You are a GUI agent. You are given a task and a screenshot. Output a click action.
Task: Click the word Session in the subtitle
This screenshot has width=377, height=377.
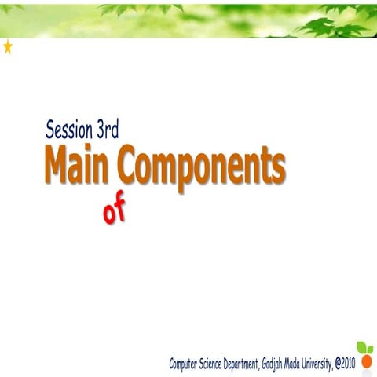(x=69, y=130)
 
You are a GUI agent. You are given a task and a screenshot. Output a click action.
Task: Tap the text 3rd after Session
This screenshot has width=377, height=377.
(x=108, y=130)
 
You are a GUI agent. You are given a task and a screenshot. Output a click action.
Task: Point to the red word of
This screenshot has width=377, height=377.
(x=114, y=211)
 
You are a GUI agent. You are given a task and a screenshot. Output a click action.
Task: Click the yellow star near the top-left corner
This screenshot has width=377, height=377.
(x=8, y=47)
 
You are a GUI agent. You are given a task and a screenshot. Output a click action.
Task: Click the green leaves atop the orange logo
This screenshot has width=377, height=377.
(x=364, y=348)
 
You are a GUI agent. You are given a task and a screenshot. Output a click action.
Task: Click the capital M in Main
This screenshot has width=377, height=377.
(x=55, y=166)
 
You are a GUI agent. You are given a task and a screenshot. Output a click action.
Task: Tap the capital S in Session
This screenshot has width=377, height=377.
(x=50, y=130)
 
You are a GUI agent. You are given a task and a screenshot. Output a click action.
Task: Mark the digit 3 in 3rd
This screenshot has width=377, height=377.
(x=101, y=130)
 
